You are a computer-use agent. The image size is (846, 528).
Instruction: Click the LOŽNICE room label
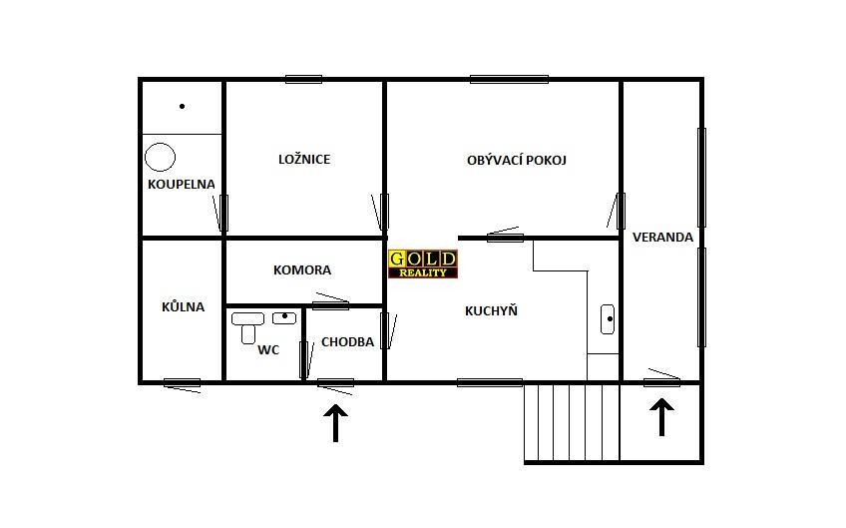[304, 160]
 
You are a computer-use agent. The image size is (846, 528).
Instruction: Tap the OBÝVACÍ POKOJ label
[517, 161]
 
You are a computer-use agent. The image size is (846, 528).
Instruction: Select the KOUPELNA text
[182, 184]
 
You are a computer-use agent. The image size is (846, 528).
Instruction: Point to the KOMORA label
[302, 269]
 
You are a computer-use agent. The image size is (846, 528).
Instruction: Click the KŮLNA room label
[183, 306]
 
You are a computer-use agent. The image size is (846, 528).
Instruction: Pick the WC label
[268, 350]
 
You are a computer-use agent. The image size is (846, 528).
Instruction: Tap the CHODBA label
[347, 341]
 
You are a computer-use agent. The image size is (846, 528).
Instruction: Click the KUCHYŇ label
[491, 310]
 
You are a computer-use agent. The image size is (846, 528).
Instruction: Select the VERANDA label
[662, 237]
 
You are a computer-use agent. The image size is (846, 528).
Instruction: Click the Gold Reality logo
[423, 264]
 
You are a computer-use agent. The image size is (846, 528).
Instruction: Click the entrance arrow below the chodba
[335, 423]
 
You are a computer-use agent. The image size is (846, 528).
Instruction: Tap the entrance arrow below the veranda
[661, 417]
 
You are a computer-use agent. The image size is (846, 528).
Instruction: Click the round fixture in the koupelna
[160, 157]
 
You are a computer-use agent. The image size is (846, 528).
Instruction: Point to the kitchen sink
[608, 319]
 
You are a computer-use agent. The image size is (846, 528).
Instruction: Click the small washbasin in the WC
[284, 318]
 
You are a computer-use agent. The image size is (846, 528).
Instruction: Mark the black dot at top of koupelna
[182, 107]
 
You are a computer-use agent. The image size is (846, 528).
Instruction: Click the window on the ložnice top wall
[303, 80]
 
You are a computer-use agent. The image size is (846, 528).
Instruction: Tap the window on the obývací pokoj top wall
[509, 80]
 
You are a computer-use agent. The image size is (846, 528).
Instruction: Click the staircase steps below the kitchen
[572, 422]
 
